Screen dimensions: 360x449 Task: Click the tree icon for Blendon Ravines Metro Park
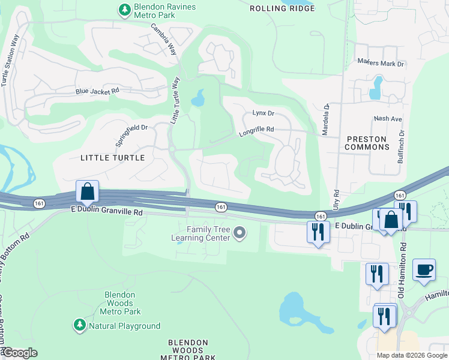point(124,10)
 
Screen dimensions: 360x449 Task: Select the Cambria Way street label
point(163,40)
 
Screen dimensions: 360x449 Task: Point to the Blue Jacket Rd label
point(97,91)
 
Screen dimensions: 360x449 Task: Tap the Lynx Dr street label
point(263,113)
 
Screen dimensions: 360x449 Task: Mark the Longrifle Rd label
point(256,130)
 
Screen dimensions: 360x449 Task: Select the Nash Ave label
point(387,119)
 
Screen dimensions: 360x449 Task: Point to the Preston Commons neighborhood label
point(367,143)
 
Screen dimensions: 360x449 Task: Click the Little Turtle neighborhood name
point(112,158)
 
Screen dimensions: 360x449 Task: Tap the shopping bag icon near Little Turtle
point(88,192)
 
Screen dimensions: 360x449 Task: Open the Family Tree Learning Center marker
point(240,232)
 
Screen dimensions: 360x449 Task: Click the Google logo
point(19,353)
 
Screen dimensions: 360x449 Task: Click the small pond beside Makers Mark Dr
point(376,88)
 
